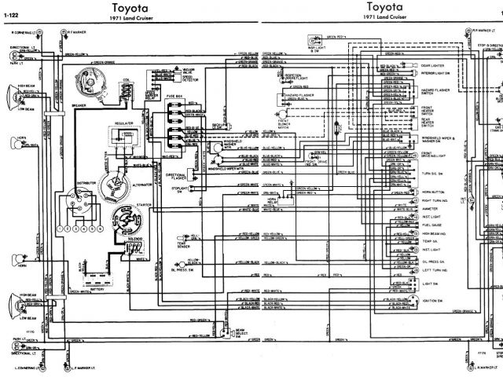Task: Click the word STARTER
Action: (x=144, y=203)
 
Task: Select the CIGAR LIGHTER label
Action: (x=434, y=65)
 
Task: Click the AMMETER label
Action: (x=430, y=208)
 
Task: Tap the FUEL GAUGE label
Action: (x=431, y=225)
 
